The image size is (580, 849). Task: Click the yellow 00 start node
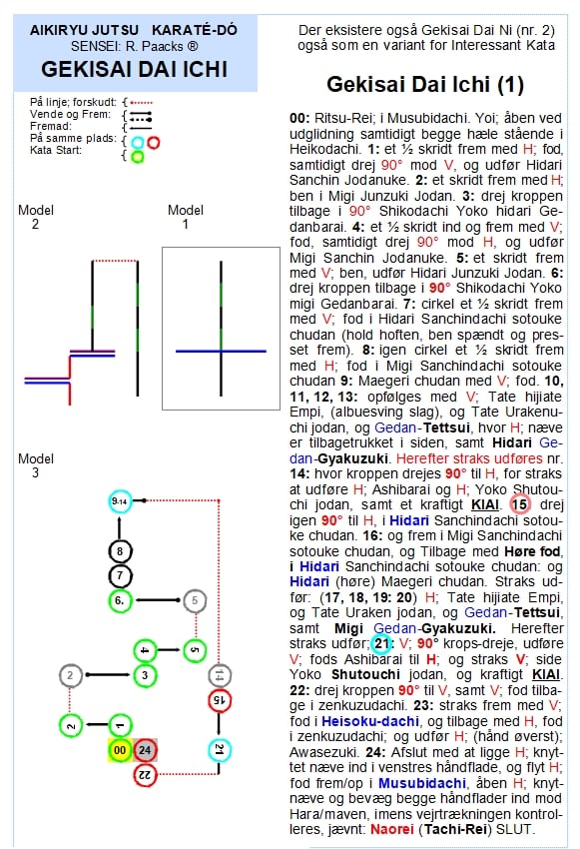[x=120, y=750]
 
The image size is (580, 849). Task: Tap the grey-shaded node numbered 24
[x=145, y=750]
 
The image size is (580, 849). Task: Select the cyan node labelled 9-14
[x=120, y=501]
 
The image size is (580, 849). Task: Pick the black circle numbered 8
[x=120, y=551]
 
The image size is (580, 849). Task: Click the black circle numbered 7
[x=120, y=575]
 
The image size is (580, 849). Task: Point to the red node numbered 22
[x=145, y=775]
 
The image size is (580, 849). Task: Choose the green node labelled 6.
[x=120, y=600]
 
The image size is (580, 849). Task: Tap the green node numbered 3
[x=145, y=675]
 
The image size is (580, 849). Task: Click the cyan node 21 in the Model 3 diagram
[x=220, y=750]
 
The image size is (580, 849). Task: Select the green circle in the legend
[x=138, y=157]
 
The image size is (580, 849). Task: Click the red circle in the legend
[x=154, y=143]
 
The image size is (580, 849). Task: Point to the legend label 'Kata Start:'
[x=56, y=150]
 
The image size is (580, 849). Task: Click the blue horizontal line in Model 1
[x=221, y=352]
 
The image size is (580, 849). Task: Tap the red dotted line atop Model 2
[x=115, y=261]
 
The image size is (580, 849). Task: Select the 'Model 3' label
[x=35, y=465]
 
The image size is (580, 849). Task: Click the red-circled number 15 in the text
[x=519, y=504]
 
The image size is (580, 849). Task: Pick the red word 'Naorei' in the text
[x=391, y=829]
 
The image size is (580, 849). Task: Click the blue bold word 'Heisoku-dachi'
[x=370, y=721]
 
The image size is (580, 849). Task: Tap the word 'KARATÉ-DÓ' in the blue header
[x=195, y=30]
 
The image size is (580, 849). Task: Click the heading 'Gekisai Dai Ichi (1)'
[x=425, y=85]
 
